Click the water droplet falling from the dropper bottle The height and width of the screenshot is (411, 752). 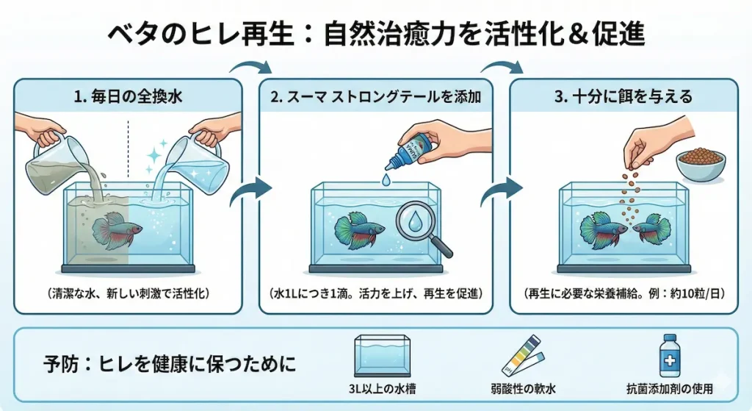click(x=386, y=179)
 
